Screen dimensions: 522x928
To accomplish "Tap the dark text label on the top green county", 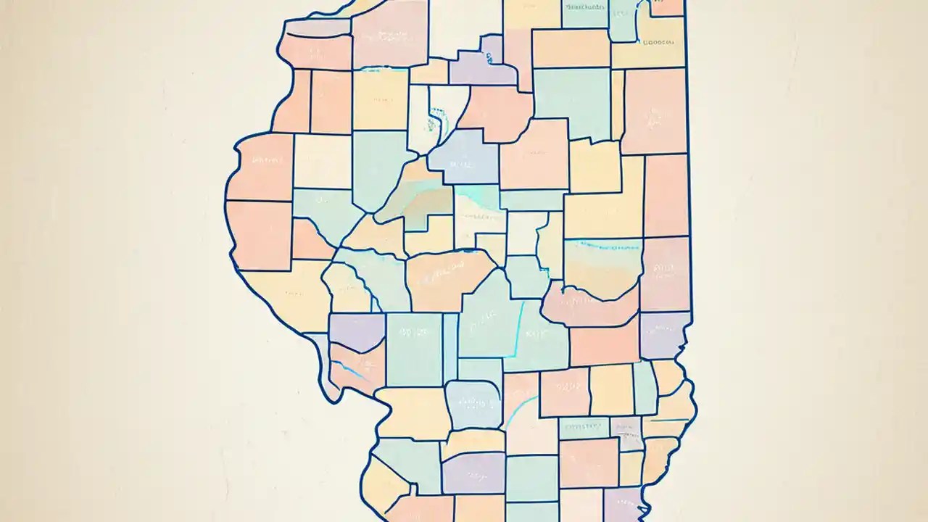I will (x=584, y=7).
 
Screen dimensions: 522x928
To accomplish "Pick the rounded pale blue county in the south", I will (x=473, y=404).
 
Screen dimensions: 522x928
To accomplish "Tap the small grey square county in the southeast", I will (x=625, y=428).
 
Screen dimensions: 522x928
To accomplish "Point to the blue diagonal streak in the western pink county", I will (x=351, y=370).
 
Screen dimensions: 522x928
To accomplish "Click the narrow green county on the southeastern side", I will (x=644, y=387).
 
